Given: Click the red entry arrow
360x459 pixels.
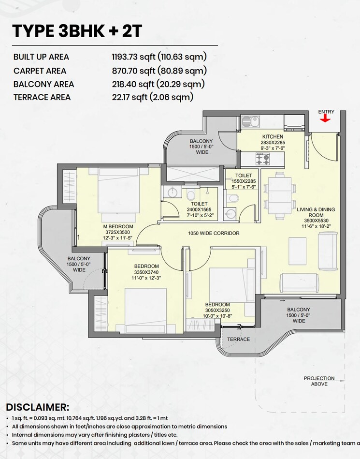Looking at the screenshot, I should point(326,119).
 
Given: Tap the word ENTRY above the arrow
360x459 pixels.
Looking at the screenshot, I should point(326,112).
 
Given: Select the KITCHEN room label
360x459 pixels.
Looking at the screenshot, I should point(273,137).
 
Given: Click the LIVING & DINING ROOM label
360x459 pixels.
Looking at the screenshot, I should point(316,213).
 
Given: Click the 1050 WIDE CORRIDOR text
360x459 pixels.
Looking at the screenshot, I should point(214,233).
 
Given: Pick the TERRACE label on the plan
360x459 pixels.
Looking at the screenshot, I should point(238,339).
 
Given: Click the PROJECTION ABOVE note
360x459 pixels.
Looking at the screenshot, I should point(319,381).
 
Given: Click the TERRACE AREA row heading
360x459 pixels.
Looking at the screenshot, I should point(42,97).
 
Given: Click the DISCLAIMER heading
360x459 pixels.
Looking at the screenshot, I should point(38,407).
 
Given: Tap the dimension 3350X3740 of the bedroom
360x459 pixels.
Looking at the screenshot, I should point(146,272).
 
